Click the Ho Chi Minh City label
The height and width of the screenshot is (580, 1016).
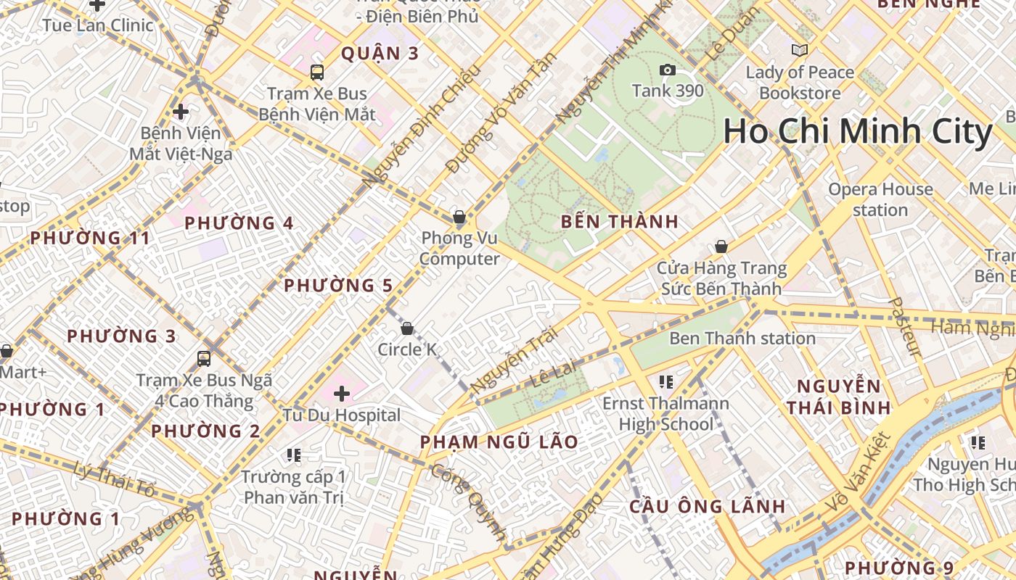(857, 132)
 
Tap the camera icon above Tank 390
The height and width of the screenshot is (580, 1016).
(667, 70)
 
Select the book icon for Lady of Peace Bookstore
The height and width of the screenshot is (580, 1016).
(799, 50)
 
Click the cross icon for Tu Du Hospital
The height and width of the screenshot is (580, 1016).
(341, 394)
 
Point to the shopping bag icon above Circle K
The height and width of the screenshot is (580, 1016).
(407, 328)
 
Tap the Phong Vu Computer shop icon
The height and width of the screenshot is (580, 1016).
(459, 216)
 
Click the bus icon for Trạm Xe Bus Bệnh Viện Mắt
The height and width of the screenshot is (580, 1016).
(317, 72)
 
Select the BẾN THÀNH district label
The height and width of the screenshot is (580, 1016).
(620, 222)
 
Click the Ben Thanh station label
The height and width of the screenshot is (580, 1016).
(742, 338)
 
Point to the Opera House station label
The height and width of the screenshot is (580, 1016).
(880, 199)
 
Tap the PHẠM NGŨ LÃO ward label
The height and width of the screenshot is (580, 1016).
(499, 442)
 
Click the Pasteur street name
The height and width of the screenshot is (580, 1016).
(905, 327)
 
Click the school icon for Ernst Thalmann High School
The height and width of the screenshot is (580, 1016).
(665, 381)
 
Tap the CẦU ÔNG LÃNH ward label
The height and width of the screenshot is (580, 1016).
(707, 506)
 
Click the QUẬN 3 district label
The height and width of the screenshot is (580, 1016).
(380, 53)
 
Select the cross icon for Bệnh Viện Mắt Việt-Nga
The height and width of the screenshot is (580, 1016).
(181, 112)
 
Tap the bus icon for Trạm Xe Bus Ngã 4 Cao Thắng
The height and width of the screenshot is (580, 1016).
(204, 358)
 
